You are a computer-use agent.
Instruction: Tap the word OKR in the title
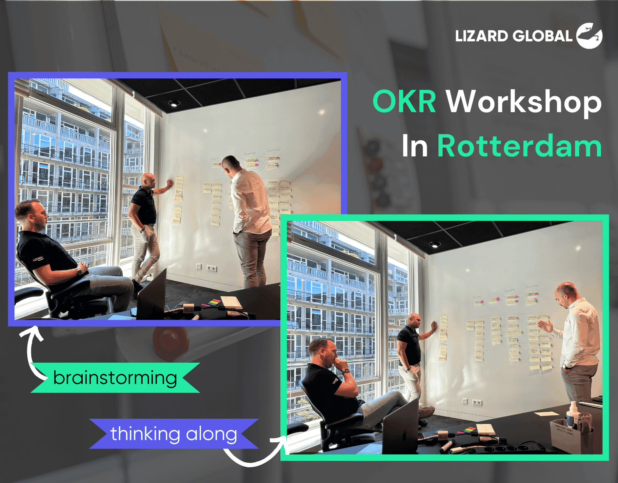click(404, 102)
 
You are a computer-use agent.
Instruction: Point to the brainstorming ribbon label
click(115, 378)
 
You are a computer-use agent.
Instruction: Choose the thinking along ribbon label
click(174, 433)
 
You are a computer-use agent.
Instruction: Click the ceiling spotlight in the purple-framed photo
click(174, 104)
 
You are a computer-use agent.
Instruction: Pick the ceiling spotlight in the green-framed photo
click(435, 244)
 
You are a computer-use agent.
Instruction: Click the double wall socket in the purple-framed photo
click(212, 269)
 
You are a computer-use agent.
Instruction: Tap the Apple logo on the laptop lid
click(404, 436)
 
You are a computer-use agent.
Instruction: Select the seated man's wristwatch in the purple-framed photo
click(79, 271)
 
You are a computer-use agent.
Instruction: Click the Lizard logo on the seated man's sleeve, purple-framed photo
click(38, 259)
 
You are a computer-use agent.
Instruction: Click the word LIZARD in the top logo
click(481, 36)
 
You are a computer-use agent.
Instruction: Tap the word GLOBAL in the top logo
click(542, 36)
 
